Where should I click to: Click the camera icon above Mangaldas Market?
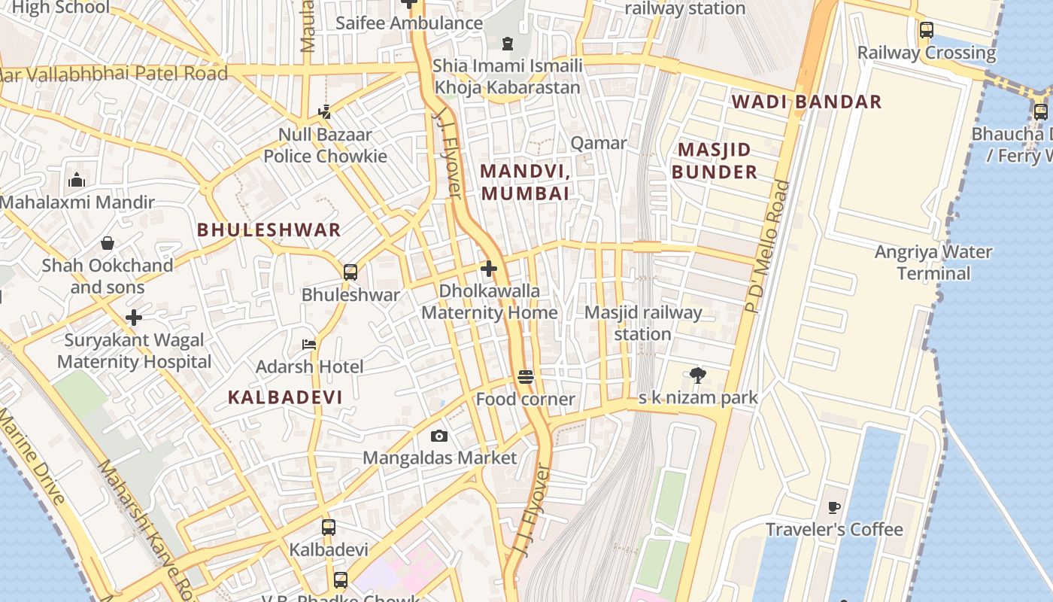pyautogui.click(x=439, y=436)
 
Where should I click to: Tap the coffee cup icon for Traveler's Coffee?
pyautogui.click(x=833, y=508)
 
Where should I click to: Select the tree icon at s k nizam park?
pyautogui.click(x=698, y=375)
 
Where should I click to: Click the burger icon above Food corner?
pyautogui.click(x=526, y=377)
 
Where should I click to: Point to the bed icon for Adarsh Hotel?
pyautogui.click(x=309, y=345)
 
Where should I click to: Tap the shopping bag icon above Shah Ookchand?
pyautogui.click(x=108, y=243)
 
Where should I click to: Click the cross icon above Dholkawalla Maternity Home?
pyautogui.click(x=489, y=269)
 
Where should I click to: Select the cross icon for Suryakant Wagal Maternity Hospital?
pyautogui.click(x=134, y=318)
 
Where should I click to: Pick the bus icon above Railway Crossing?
pyautogui.click(x=927, y=30)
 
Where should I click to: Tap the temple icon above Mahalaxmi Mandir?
pyautogui.click(x=77, y=180)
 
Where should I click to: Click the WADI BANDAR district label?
pyautogui.click(x=806, y=102)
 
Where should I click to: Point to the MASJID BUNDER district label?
pyautogui.click(x=714, y=160)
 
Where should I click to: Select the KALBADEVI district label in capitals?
pyautogui.click(x=285, y=397)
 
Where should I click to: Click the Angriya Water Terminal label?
pyautogui.click(x=933, y=263)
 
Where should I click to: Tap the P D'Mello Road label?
pyautogui.click(x=767, y=246)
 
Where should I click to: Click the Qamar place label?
pyautogui.click(x=599, y=143)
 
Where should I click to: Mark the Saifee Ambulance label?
pyautogui.click(x=409, y=23)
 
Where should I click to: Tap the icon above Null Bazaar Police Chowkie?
pyautogui.click(x=324, y=112)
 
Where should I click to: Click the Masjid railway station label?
pyautogui.click(x=643, y=323)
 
